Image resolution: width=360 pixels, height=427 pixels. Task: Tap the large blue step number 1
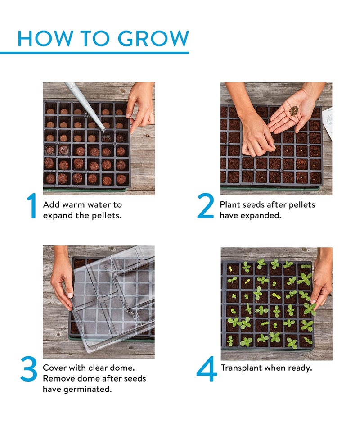click(x=31, y=207)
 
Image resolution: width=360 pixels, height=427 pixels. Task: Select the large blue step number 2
click(x=206, y=207)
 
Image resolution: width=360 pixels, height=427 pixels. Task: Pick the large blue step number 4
click(x=207, y=370)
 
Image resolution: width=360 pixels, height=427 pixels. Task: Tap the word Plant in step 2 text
click(x=230, y=204)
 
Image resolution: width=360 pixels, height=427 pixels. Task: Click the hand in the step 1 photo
click(x=140, y=106)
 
